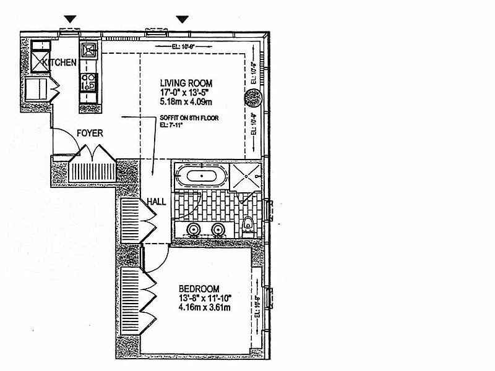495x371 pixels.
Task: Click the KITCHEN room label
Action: point(60,62)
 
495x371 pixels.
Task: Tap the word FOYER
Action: point(90,133)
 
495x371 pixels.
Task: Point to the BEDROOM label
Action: point(199,289)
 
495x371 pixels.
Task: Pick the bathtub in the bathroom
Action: point(202,176)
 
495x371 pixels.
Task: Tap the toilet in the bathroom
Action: point(248,226)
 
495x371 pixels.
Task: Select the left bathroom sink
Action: point(193,231)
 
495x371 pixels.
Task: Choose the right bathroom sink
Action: point(218,231)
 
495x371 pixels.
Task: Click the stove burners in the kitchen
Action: point(87,82)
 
